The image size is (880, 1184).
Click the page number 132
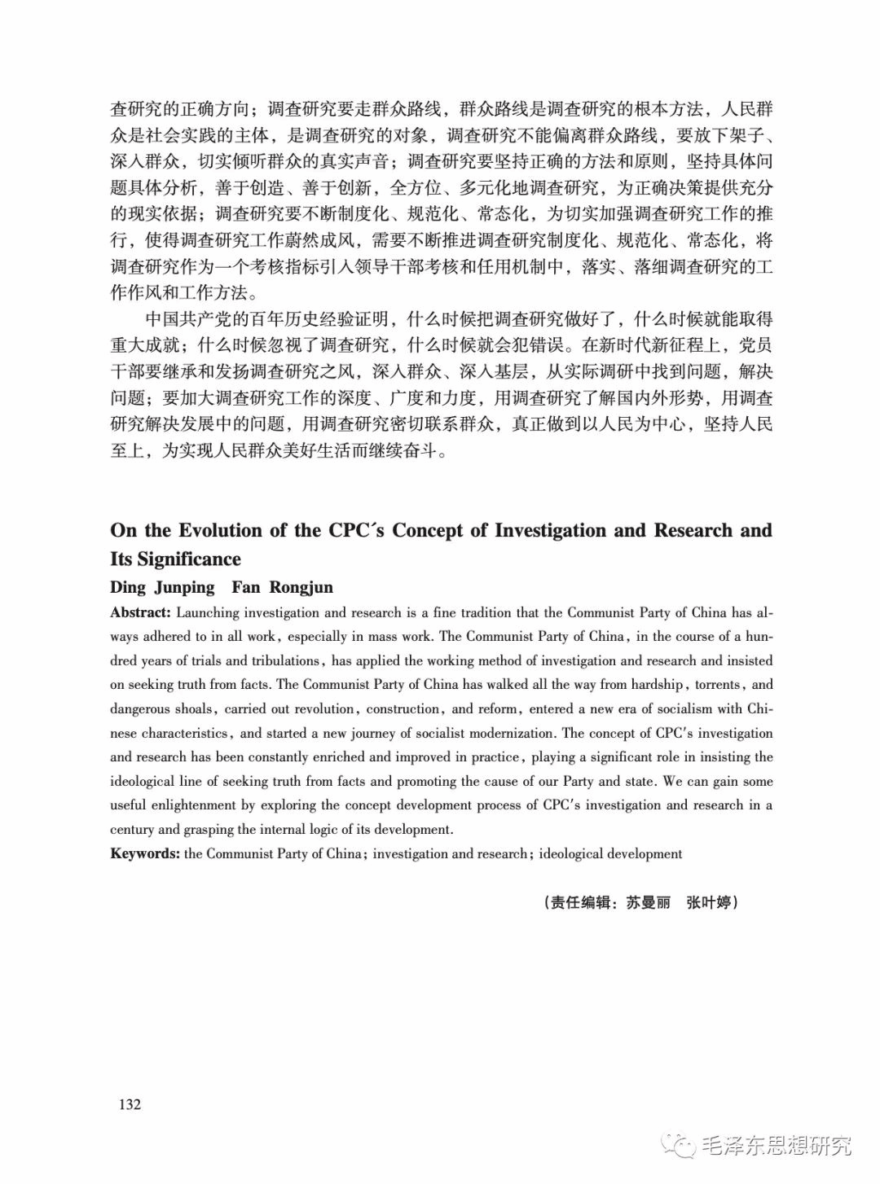pyautogui.click(x=130, y=1104)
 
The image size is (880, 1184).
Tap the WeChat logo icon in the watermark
pyautogui.click(x=680, y=1147)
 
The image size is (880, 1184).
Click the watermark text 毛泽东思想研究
pyautogui.click(x=776, y=1147)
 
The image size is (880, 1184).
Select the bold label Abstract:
pyautogui.click(x=141, y=612)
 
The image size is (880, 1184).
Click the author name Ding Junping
pyautogui.click(x=162, y=587)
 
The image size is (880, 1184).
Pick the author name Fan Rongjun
pyautogui.click(x=282, y=587)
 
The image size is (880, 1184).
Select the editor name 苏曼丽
pyautogui.click(x=648, y=902)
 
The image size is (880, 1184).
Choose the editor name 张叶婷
pyautogui.click(x=708, y=902)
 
